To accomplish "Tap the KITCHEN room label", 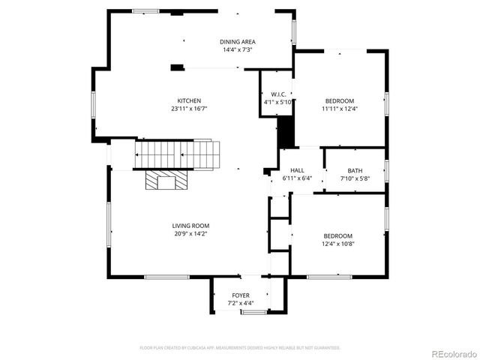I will [x=189, y=101].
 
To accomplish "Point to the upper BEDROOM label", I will [x=339, y=101].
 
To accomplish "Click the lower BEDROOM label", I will [x=337, y=236].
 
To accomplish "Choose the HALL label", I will [x=297, y=171].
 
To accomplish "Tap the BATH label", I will [x=355, y=171].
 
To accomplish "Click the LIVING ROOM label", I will [x=190, y=226].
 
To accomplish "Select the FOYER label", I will [x=241, y=295].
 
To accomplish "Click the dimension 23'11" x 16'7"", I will [x=189, y=109].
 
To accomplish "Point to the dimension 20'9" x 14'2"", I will [x=190, y=234].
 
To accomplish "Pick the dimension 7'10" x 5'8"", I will [x=355, y=178].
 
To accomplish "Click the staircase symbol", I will [x=178, y=155].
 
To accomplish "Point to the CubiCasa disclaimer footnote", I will [x=240, y=348].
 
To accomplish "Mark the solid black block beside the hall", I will [x=285, y=133].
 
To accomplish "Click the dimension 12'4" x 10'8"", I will [x=337, y=244].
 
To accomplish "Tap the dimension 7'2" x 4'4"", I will [x=241, y=304].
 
